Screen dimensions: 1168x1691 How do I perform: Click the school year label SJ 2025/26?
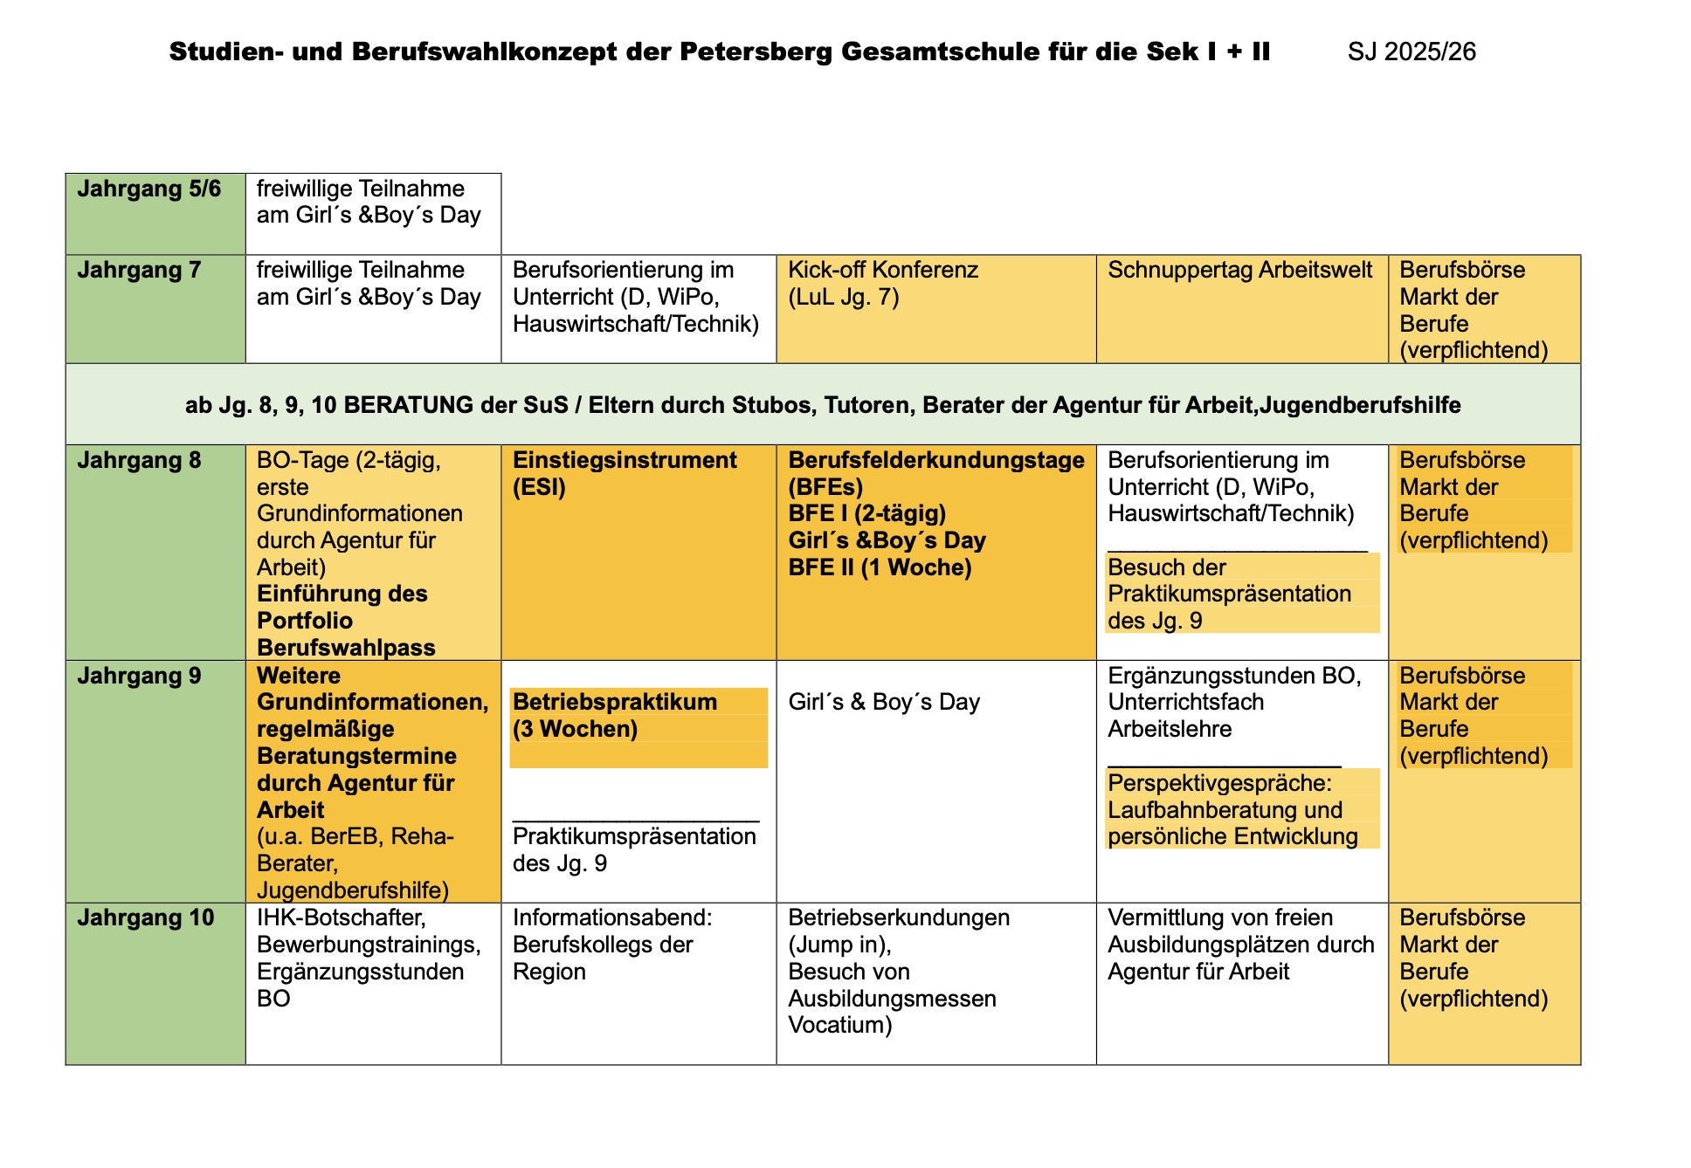click(x=1411, y=52)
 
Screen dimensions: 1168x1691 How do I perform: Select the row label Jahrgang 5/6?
click(x=148, y=189)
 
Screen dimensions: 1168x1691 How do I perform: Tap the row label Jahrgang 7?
click(x=139, y=271)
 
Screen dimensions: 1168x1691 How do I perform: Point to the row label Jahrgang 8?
click(x=139, y=461)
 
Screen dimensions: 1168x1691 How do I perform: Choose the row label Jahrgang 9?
click(x=139, y=677)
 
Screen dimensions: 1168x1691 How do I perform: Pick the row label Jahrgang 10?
click(x=145, y=918)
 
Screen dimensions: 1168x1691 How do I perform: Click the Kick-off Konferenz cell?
click(x=882, y=284)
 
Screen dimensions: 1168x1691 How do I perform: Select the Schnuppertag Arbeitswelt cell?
click(x=1239, y=271)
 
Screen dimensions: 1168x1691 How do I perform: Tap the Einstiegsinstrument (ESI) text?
click(x=625, y=473)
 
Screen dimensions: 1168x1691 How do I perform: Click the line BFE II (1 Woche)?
click(x=880, y=568)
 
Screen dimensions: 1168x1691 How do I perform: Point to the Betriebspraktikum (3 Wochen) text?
click(x=615, y=716)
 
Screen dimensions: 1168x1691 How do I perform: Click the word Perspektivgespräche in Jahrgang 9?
click(x=1219, y=784)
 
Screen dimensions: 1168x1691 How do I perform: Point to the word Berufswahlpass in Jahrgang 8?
click(x=346, y=649)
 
